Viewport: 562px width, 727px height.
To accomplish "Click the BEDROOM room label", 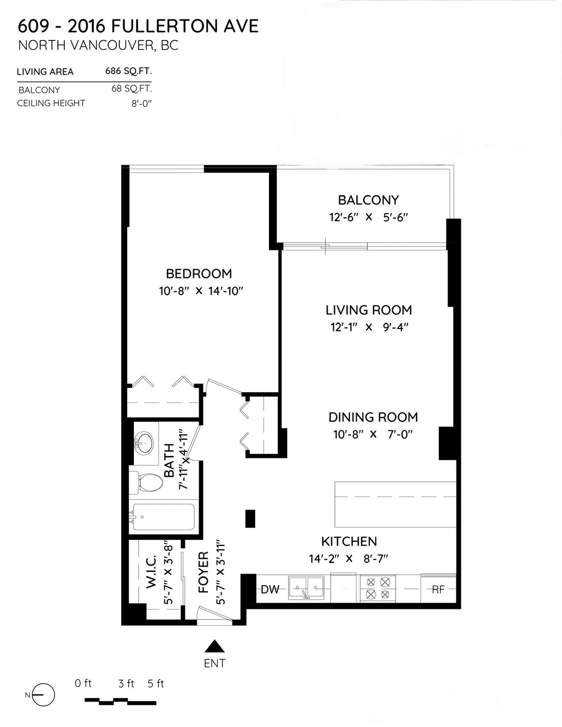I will [x=199, y=274].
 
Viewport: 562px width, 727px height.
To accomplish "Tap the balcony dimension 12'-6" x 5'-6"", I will [x=368, y=217].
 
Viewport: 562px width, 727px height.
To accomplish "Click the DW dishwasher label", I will [x=270, y=590].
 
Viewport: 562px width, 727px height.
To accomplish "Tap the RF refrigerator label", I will [x=438, y=590].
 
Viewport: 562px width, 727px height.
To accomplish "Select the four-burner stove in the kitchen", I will [x=378, y=588].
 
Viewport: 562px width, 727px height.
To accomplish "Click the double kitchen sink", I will [x=306, y=588].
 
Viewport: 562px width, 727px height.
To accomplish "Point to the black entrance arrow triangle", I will [x=214, y=647].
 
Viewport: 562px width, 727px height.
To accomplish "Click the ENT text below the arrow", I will [x=214, y=663].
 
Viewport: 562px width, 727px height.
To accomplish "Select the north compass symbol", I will [x=42, y=695].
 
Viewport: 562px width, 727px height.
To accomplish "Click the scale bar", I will [x=120, y=701].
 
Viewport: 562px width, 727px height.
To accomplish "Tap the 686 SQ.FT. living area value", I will [x=128, y=71].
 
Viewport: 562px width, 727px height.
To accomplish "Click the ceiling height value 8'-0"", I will [x=141, y=104].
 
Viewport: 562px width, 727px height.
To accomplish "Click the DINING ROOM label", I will [x=373, y=417].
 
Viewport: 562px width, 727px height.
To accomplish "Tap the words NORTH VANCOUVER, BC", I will [x=98, y=45].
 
